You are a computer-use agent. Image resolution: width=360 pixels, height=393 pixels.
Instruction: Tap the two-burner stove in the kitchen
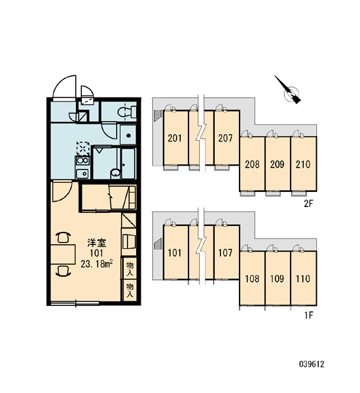pyautogui.click(x=82, y=160)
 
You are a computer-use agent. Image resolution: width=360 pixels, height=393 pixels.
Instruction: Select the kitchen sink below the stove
pyautogui.click(x=82, y=173)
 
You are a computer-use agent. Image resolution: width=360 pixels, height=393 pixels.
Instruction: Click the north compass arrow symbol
pyautogui.click(x=289, y=91)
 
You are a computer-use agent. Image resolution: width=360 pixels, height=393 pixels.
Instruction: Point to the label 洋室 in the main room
pyautogui.click(x=97, y=242)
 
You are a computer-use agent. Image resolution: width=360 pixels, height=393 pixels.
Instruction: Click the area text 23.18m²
pyautogui.click(x=96, y=264)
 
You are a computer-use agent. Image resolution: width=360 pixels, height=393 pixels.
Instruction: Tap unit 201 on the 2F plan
pyautogui.click(x=175, y=138)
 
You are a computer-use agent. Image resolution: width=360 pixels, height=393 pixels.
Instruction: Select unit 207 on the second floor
pyautogui.click(x=225, y=138)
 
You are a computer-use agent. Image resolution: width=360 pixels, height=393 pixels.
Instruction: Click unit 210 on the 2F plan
pyautogui.click(x=303, y=164)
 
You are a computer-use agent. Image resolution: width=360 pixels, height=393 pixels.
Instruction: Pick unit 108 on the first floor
pyautogui.click(x=252, y=279)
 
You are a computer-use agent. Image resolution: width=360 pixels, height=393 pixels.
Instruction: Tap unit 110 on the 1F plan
pyautogui.click(x=303, y=279)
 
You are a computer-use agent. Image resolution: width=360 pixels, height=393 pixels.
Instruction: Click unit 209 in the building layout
pyautogui.click(x=278, y=164)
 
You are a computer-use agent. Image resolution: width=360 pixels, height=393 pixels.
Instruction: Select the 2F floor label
pyautogui.click(x=309, y=204)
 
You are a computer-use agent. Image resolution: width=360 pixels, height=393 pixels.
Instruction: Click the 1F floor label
pyautogui.click(x=309, y=315)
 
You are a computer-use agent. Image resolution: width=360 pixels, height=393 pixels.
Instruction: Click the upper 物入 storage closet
pyautogui.click(x=130, y=268)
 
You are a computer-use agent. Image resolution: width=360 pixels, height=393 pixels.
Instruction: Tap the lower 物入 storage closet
pyautogui.click(x=130, y=290)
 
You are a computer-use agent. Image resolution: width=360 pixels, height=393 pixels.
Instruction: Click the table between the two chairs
pyautogui.click(x=63, y=254)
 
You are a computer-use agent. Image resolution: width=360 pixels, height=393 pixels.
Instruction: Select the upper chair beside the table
pyautogui.click(x=63, y=237)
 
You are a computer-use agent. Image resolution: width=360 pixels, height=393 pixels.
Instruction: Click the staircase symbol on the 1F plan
pyautogui.click(x=158, y=244)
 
